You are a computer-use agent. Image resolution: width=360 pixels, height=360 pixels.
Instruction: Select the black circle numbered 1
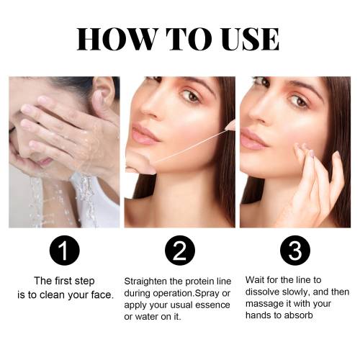[x=64, y=251]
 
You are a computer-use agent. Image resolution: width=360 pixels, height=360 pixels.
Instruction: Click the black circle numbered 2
[x=180, y=251]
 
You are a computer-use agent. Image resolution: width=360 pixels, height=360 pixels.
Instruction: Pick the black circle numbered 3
[x=295, y=251]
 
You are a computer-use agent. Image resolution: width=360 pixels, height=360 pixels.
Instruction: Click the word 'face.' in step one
[x=102, y=294]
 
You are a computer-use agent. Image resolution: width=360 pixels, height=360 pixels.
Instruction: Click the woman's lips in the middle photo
[x=145, y=135]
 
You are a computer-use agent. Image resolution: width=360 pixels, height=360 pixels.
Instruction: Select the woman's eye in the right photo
[x=300, y=102]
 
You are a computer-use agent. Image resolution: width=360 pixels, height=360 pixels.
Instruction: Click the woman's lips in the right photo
[x=254, y=140]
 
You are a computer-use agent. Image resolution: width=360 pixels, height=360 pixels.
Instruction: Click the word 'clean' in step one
[x=53, y=294]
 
